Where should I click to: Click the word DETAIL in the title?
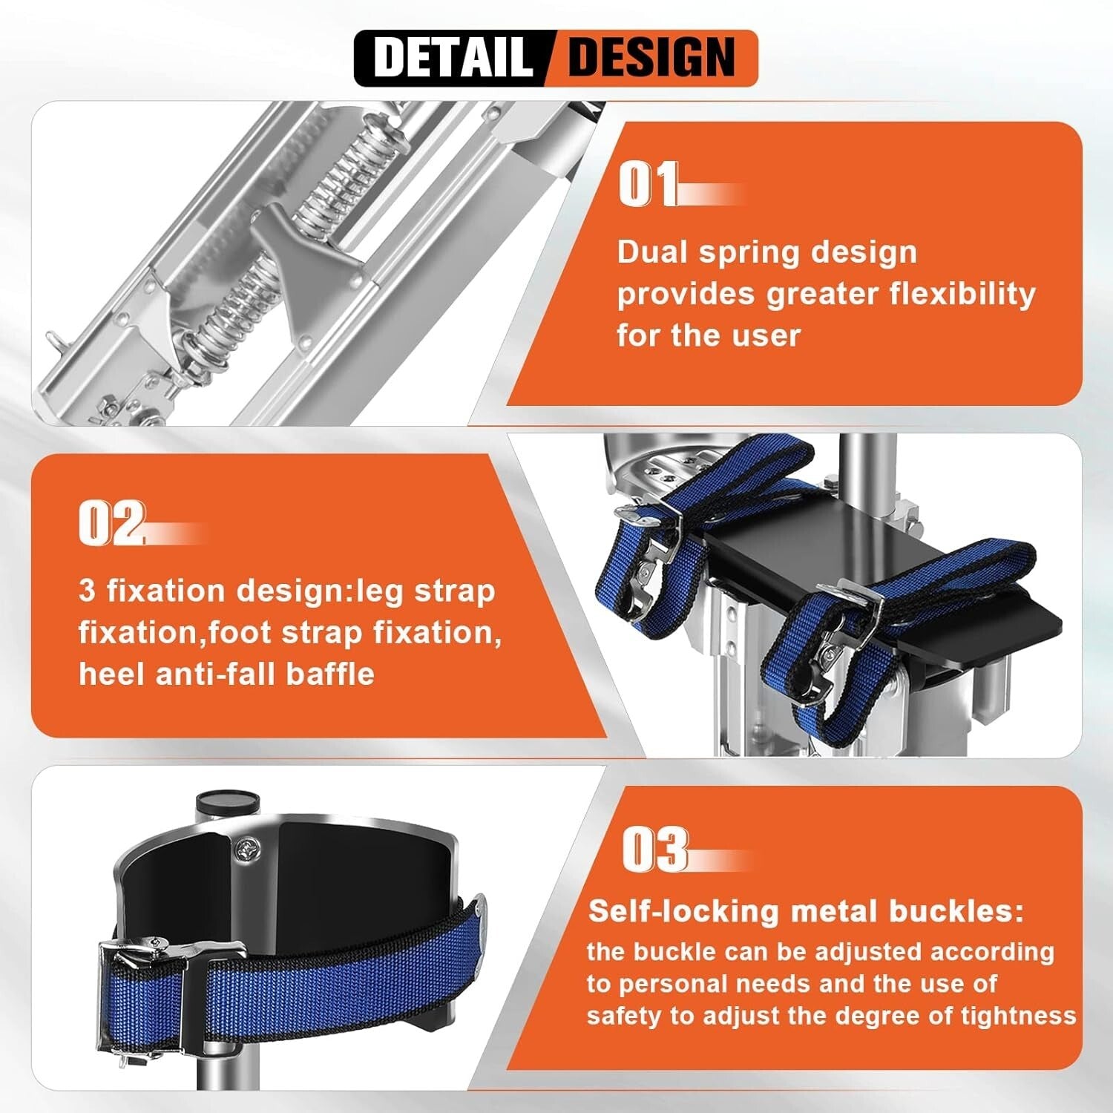[453, 57]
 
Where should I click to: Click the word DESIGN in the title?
[651, 57]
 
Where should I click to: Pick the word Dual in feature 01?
[652, 252]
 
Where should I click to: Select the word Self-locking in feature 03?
[682, 910]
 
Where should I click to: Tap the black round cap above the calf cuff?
[226, 801]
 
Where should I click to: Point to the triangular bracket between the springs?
[304, 260]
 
